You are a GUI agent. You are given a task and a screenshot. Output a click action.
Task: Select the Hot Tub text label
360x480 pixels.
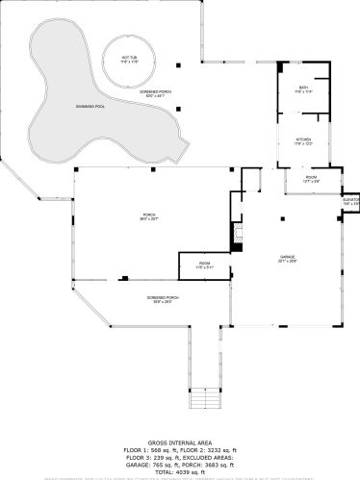(x=129, y=59)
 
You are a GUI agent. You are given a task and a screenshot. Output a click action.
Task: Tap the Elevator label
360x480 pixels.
(x=350, y=202)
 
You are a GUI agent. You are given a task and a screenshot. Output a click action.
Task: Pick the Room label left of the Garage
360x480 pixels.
(x=204, y=265)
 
